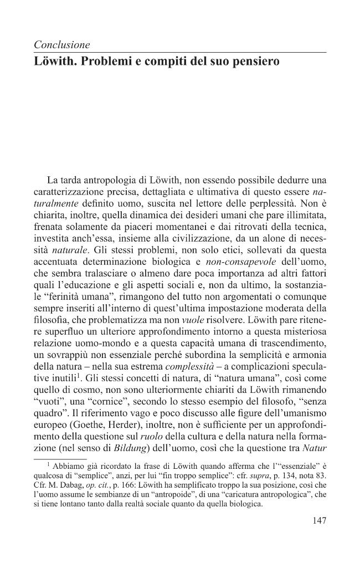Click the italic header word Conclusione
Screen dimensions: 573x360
click(61, 44)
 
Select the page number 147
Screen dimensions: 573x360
click(316, 520)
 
